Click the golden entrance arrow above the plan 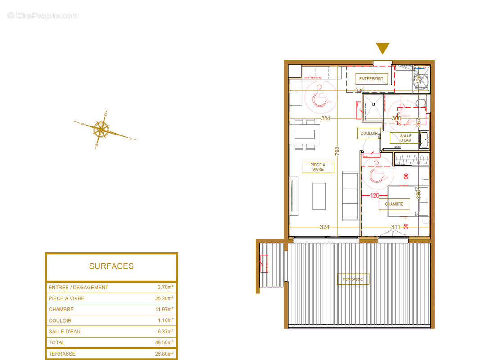pos(383,48)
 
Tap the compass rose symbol pos(101,129)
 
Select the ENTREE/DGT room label pos(371,79)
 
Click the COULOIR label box pos(368,134)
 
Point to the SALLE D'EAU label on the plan pos(406,138)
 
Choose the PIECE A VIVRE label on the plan pos(318,167)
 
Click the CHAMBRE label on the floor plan pos(394,204)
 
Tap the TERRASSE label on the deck pos(352,279)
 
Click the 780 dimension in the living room pos(337,151)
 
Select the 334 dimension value pos(325,118)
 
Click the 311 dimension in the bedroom pos(396,227)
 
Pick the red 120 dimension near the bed pos(375,195)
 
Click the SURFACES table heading pos(111,266)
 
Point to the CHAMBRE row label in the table pos(61,310)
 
